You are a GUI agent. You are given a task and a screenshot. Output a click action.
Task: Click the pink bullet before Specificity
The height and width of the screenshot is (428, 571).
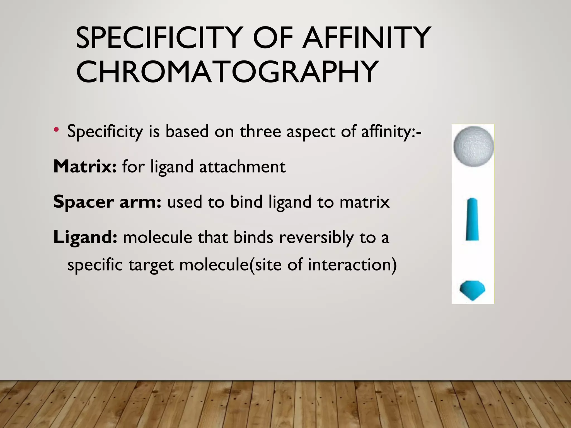tap(57, 129)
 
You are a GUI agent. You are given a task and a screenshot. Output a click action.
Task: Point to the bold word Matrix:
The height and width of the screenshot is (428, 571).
tap(85, 167)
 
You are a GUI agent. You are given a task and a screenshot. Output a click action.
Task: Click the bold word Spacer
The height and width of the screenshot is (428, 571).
tap(83, 202)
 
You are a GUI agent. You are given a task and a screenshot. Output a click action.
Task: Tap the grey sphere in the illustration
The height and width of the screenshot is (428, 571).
tap(473, 146)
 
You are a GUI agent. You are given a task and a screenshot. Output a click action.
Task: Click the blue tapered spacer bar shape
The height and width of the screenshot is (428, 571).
tap(472, 220)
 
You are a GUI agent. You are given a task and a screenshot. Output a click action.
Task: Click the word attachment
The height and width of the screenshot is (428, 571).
tap(242, 167)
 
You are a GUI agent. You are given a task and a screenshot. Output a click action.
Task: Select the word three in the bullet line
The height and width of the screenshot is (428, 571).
tap(260, 131)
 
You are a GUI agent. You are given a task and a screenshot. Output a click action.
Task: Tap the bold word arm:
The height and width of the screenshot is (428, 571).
tap(140, 202)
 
